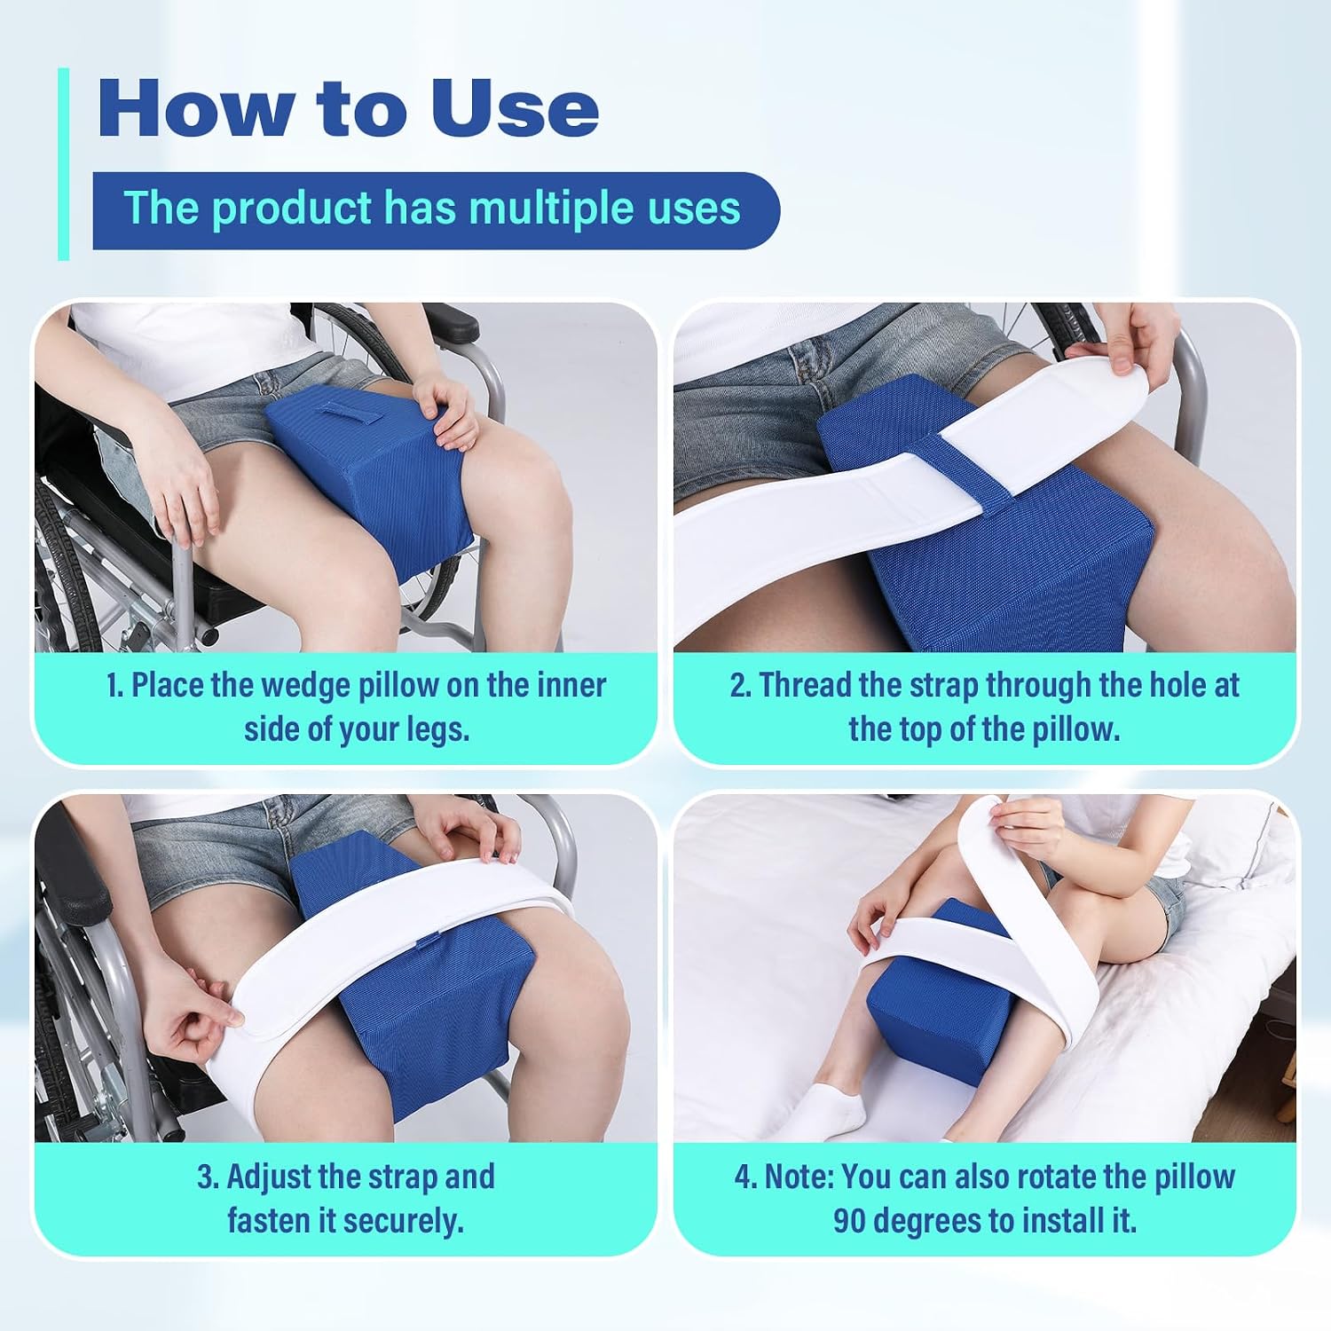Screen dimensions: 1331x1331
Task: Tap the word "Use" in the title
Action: (515, 108)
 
